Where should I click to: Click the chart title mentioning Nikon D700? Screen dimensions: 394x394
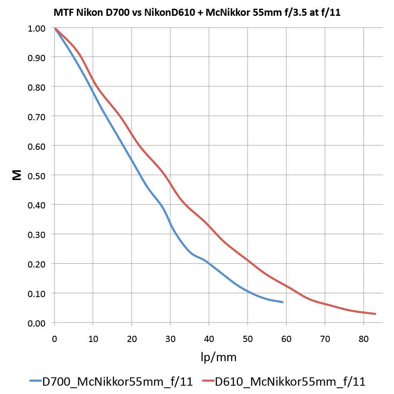click(x=197, y=12)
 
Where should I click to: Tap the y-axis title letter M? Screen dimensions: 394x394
click(x=17, y=176)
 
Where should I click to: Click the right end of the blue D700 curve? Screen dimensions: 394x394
click(x=283, y=302)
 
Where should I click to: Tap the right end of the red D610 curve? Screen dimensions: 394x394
click(x=375, y=314)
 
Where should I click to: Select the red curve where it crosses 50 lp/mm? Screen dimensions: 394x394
click(x=248, y=260)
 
